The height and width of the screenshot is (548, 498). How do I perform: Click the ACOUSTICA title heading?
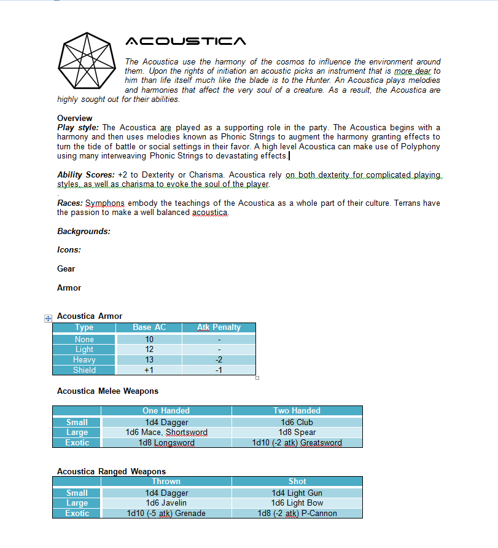(x=185, y=42)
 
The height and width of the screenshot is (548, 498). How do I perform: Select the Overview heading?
(x=75, y=118)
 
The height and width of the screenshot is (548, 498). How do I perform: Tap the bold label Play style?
(x=78, y=128)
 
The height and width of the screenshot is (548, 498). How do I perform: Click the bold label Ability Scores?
(x=86, y=175)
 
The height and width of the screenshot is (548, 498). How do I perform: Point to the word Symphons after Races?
(x=105, y=203)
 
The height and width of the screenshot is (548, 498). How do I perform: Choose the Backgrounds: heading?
(x=84, y=231)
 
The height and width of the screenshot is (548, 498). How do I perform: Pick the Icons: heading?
(x=69, y=250)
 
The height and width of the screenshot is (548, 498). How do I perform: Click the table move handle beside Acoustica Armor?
(x=47, y=318)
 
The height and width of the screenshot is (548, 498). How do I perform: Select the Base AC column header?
(x=149, y=327)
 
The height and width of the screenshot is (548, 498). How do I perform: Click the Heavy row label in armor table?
(x=84, y=360)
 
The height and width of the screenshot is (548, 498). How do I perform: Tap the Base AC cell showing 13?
(x=149, y=360)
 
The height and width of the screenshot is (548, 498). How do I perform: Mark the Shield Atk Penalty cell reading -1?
(x=219, y=370)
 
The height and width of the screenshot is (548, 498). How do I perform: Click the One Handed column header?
(x=166, y=410)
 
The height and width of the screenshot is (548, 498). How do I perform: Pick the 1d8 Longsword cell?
(x=166, y=443)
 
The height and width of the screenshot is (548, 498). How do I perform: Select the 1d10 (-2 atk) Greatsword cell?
(x=297, y=443)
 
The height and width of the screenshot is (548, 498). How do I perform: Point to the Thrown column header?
(x=166, y=481)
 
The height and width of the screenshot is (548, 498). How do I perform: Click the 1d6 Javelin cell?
(x=166, y=503)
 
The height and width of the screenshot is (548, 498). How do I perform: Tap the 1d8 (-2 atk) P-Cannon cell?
(x=297, y=514)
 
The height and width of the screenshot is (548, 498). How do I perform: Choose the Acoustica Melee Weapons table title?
(x=107, y=391)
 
